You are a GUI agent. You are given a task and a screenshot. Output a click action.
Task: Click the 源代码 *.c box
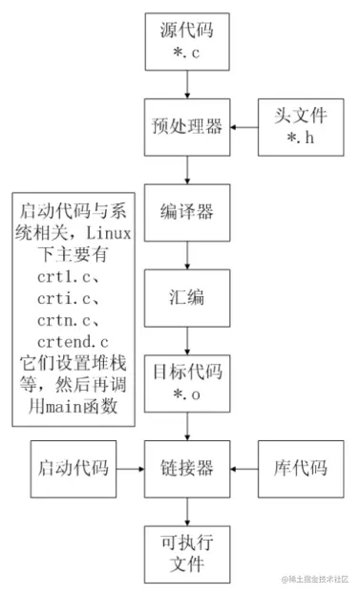pyautogui.click(x=188, y=42)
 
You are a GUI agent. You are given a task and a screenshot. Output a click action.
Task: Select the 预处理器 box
pyautogui.click(x=188, y=127)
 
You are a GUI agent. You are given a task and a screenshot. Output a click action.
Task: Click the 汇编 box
pyautogui.click(x=188, y=298)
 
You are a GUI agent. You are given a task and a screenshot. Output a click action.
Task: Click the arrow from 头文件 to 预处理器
pyautogui.click(x=245, y=127)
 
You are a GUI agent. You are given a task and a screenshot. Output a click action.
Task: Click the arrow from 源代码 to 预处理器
pyautogui.click(x=188, y=85)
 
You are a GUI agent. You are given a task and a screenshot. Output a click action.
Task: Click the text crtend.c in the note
pyautogui.click(x=73, y=341)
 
